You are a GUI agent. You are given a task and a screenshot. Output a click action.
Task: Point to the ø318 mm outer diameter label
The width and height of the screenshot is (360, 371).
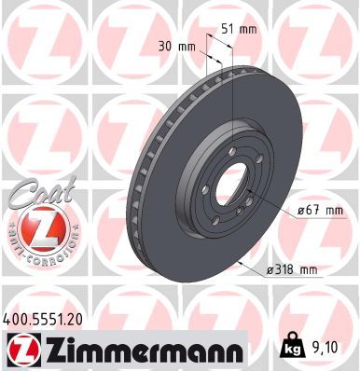point(293,270)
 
